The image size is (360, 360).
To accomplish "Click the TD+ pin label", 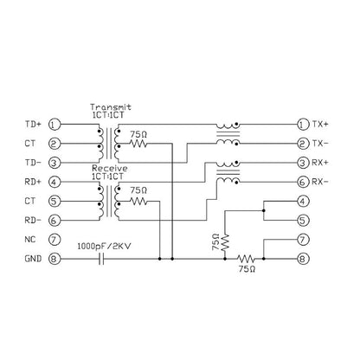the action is click(x=33, y=125).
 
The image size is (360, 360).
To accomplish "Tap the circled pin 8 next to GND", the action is click(x=55, y=259).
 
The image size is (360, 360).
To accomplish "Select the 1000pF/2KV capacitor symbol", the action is click(x=101, y=259).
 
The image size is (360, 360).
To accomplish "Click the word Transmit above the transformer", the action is click(x=111, y=107).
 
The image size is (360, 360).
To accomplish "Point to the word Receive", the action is click(x=110, y=168).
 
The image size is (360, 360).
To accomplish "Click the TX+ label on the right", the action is click(x=320, y=125).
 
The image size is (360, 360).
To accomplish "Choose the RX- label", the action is click(x=320, y=182).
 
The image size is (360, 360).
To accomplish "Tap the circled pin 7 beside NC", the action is click(x=55, y=240).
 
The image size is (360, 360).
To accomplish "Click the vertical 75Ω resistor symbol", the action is click(x=225, y=242).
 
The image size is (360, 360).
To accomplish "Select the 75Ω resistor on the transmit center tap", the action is click(x=138, y=144).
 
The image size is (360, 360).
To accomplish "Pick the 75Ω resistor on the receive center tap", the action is click(x=138, y=201).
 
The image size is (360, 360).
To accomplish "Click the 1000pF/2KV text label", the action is click(x=104, y=247).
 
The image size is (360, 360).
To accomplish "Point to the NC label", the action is click(x=30, y=240).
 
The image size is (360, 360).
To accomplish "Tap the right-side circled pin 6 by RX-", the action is click(x=303, y=182).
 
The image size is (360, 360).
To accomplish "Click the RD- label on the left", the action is click(x=33, y=221).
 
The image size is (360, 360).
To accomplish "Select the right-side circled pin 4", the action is click(x=303, y=201).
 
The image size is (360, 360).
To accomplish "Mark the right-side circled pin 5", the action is click(x=303, y=221).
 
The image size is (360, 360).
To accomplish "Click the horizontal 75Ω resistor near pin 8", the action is click(x=246, y=259).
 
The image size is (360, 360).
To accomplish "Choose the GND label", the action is click(x=33, y=259).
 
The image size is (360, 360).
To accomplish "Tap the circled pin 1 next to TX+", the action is click(x=303, y=125).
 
